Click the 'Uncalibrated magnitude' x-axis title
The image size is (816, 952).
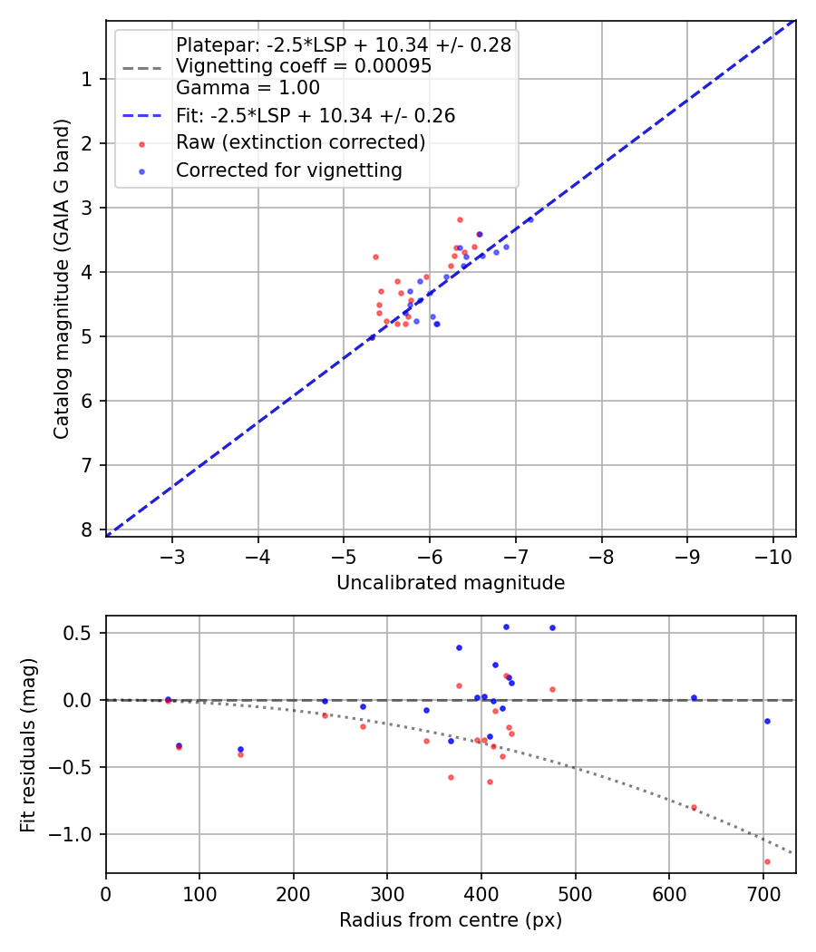tap(451, 583)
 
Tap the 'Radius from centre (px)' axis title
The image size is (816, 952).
tap(451, 920)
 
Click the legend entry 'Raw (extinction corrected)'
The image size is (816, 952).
tap(300, 142)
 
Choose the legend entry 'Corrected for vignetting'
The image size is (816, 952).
tap(289, 170)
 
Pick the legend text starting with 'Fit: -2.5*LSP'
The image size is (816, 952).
tap(316, 115)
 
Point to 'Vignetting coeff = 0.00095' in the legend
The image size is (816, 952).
tap(303, 66)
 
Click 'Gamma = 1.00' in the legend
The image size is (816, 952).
tap(248, 88)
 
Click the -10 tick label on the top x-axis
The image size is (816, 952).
tap(772, 555)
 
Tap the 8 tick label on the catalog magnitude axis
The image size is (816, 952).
tap(87, 529)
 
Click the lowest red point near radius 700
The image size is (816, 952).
tap(767, 861)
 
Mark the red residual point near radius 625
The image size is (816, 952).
tap(694, 807)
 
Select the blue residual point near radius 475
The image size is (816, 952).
tap(552, 627)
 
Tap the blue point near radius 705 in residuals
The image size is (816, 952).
tap(767, 721)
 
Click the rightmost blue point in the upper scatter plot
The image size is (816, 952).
tap(530, 219)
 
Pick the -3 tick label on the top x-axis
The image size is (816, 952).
tap(172, 555)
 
